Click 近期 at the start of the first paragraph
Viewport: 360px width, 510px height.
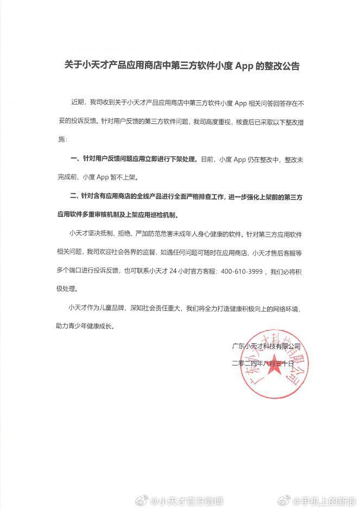coord(78,102)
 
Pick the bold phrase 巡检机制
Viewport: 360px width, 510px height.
coord(175,214)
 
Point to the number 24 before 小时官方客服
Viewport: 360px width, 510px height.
coord(173,271)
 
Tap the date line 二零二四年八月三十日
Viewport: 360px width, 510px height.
coord(262,364)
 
